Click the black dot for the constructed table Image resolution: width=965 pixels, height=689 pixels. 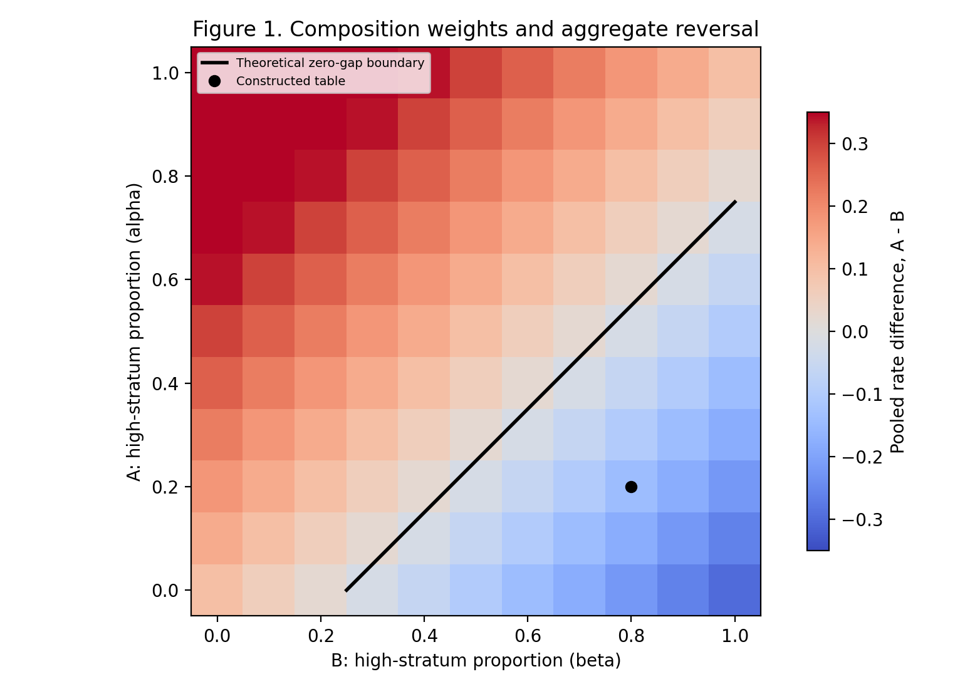[x=631, y=487]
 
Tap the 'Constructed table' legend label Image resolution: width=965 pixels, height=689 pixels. [x=291, y=81]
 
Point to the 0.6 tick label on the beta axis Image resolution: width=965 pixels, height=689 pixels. [x=528, y=636]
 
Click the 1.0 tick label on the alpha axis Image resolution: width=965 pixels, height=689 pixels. [x=165, y=73]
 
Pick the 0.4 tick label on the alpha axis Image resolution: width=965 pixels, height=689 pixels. [x=165, y=384]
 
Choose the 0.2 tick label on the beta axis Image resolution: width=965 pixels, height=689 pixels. [x=321, y=636]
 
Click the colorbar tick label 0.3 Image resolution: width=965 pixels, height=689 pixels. [x=855, y=144]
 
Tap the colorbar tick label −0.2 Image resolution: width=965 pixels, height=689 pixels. [x=862, y=457]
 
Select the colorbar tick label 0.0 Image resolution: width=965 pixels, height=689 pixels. [x=855, y=332]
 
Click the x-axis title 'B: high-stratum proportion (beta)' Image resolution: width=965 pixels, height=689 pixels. [x=476, y=661]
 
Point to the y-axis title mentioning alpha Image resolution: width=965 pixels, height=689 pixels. [x=134, y=331]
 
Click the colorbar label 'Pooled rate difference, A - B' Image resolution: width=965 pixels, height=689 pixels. [x=897, y=332]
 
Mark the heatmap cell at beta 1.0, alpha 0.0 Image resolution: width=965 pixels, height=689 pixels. [x=734, y=590]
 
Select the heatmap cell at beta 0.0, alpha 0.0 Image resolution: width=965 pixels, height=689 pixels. [x=217, y=590]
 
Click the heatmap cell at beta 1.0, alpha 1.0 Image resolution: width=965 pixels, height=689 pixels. [x=734, y=73]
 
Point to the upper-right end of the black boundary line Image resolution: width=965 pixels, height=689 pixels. [x=736, y=202]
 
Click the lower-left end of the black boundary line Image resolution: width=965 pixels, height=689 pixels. [x=347, y=591]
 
